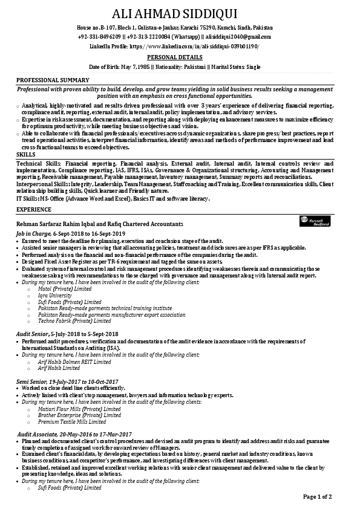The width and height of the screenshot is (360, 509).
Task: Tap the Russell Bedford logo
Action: click(315, 222)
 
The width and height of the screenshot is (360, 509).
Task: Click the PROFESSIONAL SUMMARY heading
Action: click(53, 80)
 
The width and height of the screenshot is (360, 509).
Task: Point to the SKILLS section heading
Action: click(25, 155)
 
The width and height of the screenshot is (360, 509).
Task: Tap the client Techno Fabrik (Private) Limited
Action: click(74, 321)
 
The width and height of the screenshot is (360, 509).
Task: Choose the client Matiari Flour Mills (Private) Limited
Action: click(79, 409)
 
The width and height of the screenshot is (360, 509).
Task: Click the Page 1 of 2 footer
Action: click(317, 497)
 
